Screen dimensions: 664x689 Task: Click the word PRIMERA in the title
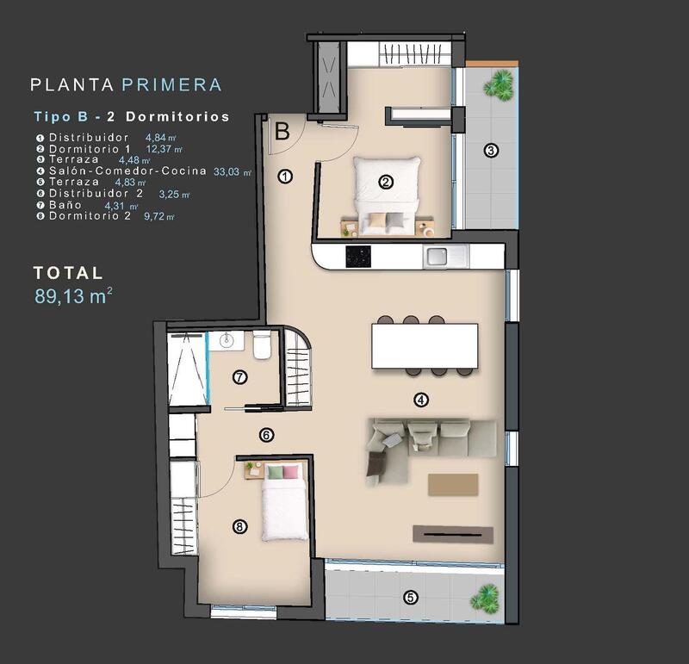point(172,85)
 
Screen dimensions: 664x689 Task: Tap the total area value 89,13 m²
point(73,297)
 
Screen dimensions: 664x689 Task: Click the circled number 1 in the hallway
point(286,177)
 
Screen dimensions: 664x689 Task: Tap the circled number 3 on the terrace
point(491,151)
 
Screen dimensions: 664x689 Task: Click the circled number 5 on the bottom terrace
point(411,597)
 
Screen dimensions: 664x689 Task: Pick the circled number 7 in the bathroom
point(239,376)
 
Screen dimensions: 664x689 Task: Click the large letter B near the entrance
point(282,132)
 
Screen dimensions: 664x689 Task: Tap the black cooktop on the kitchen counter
point(357,256)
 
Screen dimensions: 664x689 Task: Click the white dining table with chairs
point(425,345)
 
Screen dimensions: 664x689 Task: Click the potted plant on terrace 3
point(496,84)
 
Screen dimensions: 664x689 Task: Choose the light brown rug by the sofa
point(452,485)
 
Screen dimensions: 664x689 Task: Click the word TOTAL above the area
point(68,273)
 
